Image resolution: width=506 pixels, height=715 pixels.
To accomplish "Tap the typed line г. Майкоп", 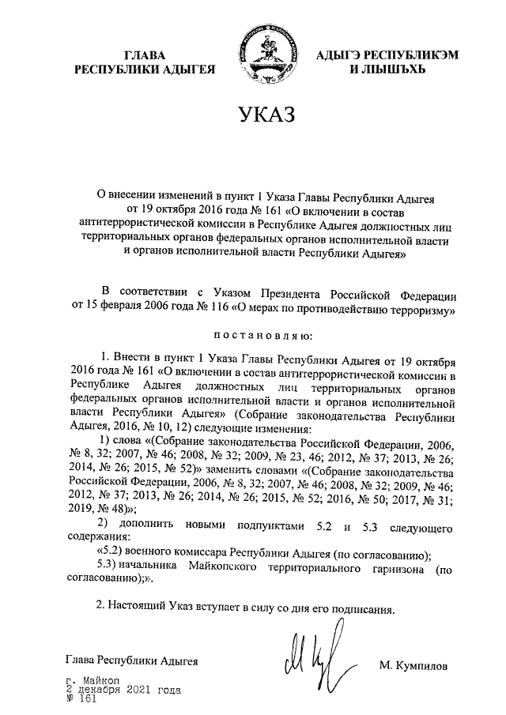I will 93,680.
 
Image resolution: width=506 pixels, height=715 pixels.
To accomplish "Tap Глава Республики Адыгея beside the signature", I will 131,660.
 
